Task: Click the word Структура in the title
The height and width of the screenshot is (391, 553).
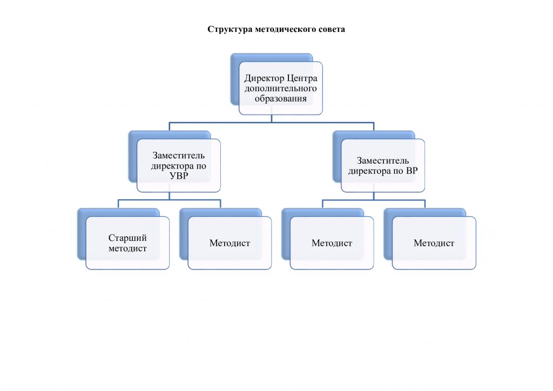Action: pyautogui.click(x=226, y=29)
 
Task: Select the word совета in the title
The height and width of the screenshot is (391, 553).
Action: pyautogui.click(x=331, y=29)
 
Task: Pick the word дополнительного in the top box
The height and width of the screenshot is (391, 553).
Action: pyautogui.click(x=281, y=89)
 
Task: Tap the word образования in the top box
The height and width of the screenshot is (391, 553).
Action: pyautogui.click(x=281, y=99)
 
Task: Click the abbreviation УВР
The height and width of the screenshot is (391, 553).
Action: pyautogui.click(x=179, y=176)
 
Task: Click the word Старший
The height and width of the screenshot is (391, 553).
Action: pyautogui.click(x=127, y=238)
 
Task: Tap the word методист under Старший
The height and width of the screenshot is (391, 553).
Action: pyautogui.click(x=127, y=248)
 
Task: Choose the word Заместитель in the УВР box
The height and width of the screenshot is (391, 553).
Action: pyautogui.click(x=179, y=156)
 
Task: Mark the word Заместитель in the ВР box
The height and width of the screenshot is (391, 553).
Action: pyautogui.click(x=383, y=160)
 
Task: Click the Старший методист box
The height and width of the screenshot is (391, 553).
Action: pyautogui.click(x=127, y=243)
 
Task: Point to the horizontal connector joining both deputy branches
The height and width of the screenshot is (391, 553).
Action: pyautogui.click(x=272, y=123)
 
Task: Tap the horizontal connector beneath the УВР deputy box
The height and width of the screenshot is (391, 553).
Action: pyautogui.click(x=170, y=200)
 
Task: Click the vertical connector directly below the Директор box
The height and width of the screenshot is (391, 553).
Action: pyautogui.click(x=272, y=118)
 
